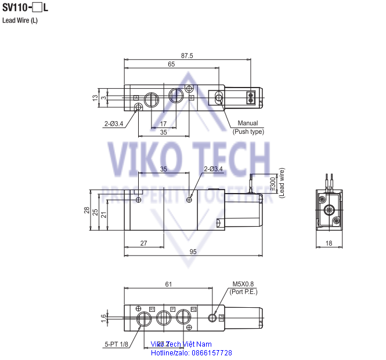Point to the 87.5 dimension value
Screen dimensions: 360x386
[187, 56]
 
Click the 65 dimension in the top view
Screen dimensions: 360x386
[171, 64]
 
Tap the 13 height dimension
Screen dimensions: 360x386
[95, 98]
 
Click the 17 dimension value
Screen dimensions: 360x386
[163, 123]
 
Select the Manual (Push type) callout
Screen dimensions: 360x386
[248, 127]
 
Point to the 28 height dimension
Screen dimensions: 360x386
[87, 211]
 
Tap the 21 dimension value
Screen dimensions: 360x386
[103, 214]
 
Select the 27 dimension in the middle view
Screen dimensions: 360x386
[143, 244]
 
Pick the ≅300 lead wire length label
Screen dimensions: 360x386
[274, 183]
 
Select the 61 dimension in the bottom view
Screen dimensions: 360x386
[168, 284]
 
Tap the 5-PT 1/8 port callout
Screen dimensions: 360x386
[116, 344]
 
